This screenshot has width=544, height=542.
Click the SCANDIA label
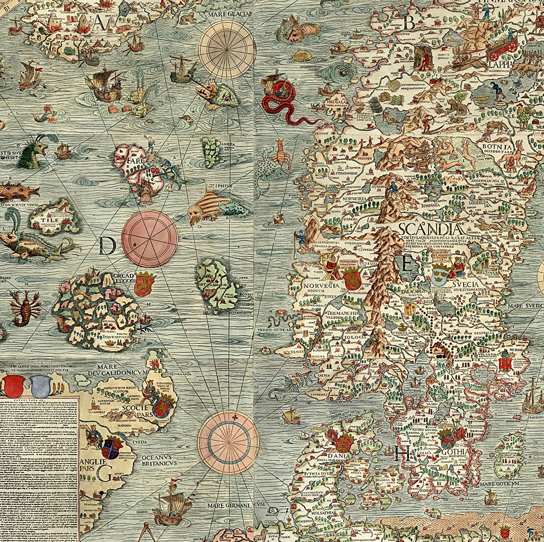pyautogui.click(x=430, y=228)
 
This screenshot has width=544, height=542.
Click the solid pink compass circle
pyautogui.click(x=150, y=239)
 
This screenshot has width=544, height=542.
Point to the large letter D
pyautogui.click(x=108, y=247)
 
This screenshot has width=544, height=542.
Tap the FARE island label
pyautogui.click(x=131, y=161)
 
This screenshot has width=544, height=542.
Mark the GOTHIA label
pyautogui.click(x=455, y=451)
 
